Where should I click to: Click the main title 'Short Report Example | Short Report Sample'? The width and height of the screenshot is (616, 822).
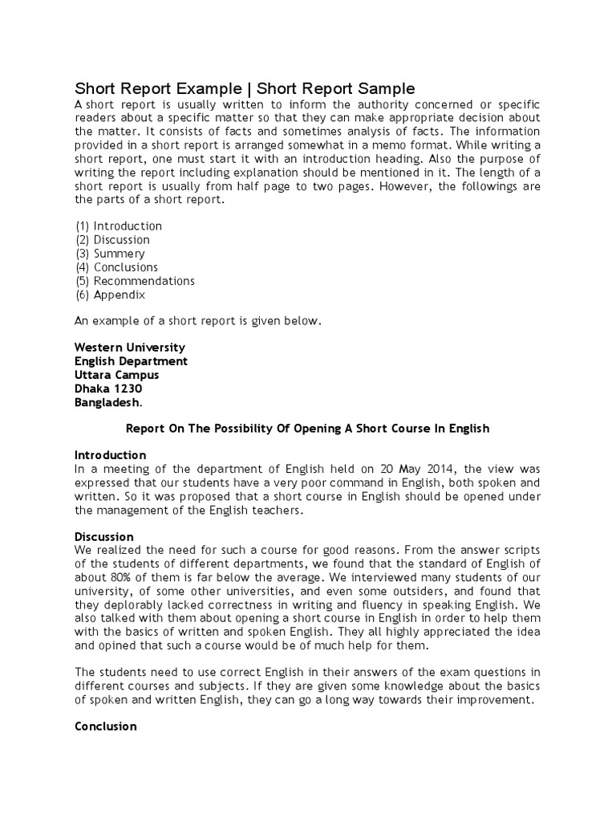click(245, 88)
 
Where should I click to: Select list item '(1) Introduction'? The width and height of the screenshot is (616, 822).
click(118, 226)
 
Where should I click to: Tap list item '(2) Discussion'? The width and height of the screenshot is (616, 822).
click(112, 240)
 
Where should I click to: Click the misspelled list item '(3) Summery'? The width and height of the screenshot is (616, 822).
click(110, 254)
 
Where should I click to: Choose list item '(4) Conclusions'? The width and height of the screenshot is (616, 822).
click(116, 267)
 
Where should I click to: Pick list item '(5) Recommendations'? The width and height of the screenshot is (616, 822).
click(135, 281)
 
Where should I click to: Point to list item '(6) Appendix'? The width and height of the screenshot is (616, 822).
click(110, 295)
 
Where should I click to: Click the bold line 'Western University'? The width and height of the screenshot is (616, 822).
click(130, 348)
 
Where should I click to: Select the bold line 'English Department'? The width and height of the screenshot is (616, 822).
click(131, 361)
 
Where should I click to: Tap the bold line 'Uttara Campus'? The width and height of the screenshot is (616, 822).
click(116, 375)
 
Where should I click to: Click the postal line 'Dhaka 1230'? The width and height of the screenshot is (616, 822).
click(108, 389)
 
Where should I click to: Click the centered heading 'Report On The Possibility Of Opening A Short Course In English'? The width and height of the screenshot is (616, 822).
click(308, 429)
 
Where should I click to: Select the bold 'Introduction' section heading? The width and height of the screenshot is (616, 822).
click(110, 455)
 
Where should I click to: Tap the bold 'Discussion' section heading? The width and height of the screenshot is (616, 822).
click(103, 536)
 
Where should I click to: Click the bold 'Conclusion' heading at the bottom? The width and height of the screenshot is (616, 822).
click(105, 726)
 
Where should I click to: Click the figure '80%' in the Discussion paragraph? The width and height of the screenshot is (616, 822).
click(124, 564)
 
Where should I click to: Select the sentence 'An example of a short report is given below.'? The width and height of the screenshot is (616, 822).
click(197, 321)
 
